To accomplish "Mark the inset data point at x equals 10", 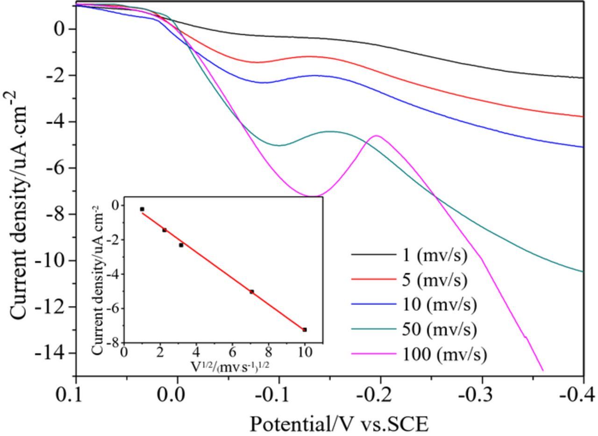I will click(x=305, y=330).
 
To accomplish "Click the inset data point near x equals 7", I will click(x=251, y=292).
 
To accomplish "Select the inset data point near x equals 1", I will click(x=142, y=209).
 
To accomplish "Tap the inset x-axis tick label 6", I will click(x=232, y=352).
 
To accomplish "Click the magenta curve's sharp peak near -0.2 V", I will click(x=376, y=136).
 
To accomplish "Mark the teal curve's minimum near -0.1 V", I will click(x=279, y=145).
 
